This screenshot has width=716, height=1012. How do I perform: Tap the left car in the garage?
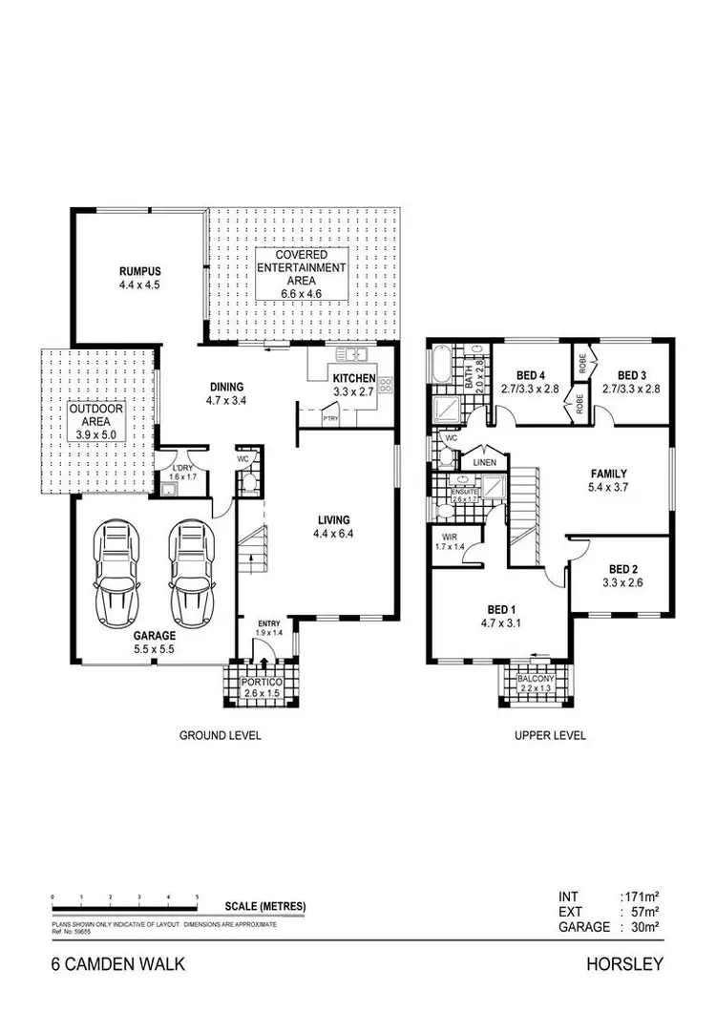point(116,570)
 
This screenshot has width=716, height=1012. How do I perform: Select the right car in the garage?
point(188,570)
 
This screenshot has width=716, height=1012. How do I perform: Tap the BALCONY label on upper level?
point(535,678)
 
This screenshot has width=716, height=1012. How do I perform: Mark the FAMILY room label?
point(608,472)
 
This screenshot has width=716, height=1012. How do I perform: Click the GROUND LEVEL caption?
point(221,736)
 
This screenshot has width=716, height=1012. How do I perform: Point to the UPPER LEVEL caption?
point(550,736)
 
